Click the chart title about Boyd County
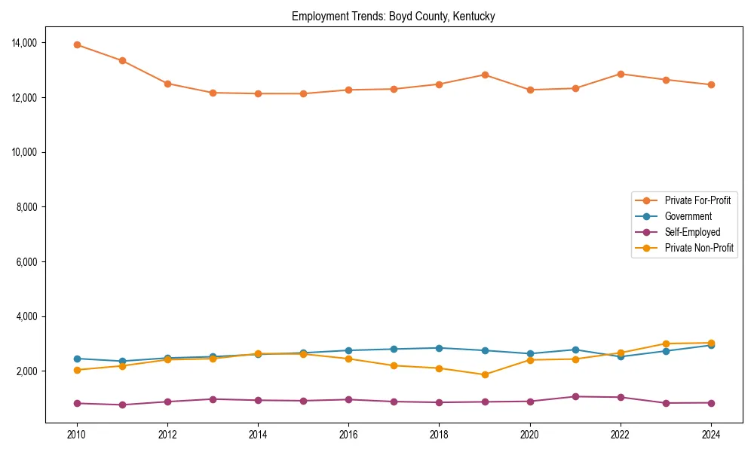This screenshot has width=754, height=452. pos(394,17)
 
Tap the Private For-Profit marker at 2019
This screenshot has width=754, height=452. pos(485,75)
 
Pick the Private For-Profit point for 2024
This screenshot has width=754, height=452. pos(711,84)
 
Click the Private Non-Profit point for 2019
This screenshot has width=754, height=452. pos(485,374)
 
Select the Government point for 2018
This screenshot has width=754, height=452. pos(440,348)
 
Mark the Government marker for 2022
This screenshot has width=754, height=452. pos(621,356)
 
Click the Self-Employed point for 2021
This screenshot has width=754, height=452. pos(575,396)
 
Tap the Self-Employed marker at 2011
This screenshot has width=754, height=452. pos(122,405)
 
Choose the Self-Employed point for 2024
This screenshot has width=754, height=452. pos(711,402)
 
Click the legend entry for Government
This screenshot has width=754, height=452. pos(688,216)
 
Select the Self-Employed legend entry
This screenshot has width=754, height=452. pos(692,232)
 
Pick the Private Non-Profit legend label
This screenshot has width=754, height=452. pos(699,248)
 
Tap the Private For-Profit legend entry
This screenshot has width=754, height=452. pos(697,200)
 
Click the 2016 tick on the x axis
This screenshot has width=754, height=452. pos(348,434)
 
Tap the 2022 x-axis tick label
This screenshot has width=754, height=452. pos(621,434)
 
